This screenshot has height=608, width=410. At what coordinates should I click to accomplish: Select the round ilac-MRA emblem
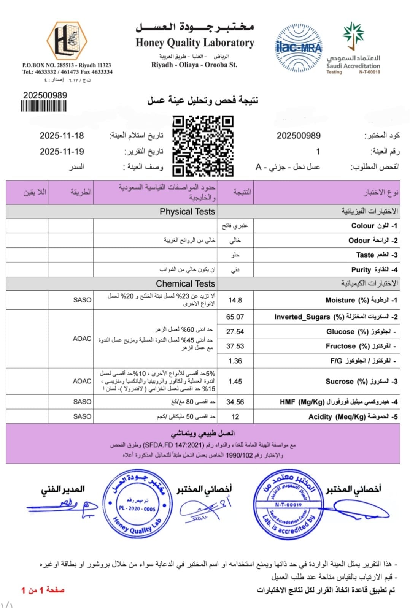coord(298,46)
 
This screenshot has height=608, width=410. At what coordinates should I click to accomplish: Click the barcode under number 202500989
coord(44,106)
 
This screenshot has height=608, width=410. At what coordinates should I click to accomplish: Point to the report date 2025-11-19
coord(62,152)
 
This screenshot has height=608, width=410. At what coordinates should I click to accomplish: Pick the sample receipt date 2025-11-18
coord(62,136)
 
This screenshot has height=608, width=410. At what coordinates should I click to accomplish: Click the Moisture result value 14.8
coord(235,300)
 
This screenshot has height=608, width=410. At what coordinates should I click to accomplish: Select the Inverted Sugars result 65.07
coord(235,317)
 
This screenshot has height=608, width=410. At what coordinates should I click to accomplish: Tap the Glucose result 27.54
coord(235,332)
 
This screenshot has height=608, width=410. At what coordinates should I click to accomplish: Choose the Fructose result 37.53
coord(235,346)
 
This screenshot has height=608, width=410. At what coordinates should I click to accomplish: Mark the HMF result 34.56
coord(235,402)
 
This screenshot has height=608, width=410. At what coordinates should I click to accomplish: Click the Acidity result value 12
coord(235,417)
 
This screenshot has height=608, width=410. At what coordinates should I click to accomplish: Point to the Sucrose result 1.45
coord(235,382)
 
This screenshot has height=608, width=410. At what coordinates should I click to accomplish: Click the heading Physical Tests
coord(187,212)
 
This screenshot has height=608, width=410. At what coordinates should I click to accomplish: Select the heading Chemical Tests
coord(185,284)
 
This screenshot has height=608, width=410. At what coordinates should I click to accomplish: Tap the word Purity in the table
coord(361,270)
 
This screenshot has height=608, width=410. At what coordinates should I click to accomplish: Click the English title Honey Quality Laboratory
coord(195,43)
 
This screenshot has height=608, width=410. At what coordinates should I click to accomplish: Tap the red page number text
coord(43,590)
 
